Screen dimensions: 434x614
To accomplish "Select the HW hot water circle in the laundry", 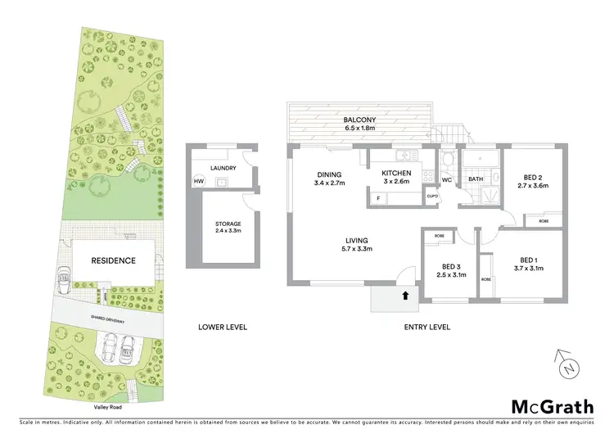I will pyautogui.click(x=198, y=182).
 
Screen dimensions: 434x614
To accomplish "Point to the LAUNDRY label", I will pyautogui.click(x=223, y=169).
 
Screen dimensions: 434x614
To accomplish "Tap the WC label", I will pyautogui.click(x=447, y=179).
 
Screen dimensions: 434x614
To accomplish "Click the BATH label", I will pyautogui.click(x=476, y=179).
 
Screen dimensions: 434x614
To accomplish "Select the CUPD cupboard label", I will pyautogui.click(x=433, y=197).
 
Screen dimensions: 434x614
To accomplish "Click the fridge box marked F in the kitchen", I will pyautogui.click(x=379, y=198).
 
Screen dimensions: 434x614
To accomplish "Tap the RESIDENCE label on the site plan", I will pyautogui.click(x=113, y=260).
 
